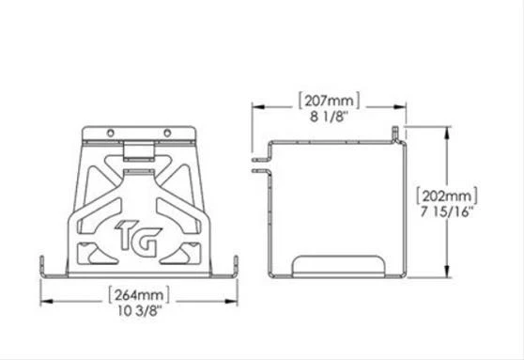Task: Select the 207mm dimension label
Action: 327,98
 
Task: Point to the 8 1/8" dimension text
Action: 327,113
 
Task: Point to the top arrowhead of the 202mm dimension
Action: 445,132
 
